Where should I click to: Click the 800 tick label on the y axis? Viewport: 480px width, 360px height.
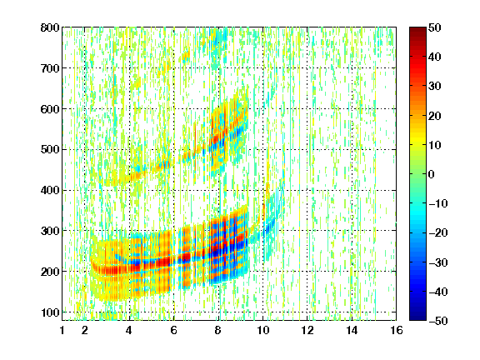[x=50, y=27]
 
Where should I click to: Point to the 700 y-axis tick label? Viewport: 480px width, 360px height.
[x=50, y=68]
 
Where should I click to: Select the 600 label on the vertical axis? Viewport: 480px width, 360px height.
[x=50, y=109]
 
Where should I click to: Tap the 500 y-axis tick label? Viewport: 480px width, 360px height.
[x=50, y=150]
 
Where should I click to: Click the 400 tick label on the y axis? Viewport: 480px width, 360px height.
[x=50, y=190]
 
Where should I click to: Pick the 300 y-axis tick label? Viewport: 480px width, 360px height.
[x=50, y=231]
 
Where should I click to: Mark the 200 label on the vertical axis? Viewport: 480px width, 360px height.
[x=50, y=272]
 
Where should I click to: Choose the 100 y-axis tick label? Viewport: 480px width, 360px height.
[x=50, y=312]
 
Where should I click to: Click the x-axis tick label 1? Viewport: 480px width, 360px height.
[x=62, y=330]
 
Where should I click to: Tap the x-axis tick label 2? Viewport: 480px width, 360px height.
[x=85, y=330]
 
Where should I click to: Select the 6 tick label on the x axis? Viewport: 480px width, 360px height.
[x=174, y=330]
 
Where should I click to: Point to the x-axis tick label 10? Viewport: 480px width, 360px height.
[x=262, y=330]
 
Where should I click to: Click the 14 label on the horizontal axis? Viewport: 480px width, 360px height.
[x=352, y=330]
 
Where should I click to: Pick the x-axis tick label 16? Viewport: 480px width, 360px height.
[x=397, y=330]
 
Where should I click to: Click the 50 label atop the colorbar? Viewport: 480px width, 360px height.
[x=435, y=27]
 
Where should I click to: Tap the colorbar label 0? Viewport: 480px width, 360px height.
[x=432, y=174]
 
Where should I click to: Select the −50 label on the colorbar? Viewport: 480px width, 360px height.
[x=438, y=321]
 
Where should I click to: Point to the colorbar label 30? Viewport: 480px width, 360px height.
[x=435, y=86]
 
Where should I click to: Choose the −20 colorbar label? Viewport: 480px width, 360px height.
[x=438, y=232]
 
